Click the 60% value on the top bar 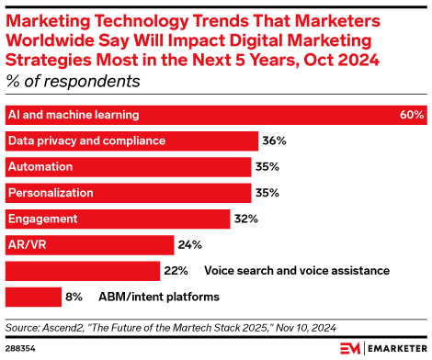pos(412,116)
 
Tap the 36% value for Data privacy pos(275,141)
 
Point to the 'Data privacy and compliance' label pos(86,141)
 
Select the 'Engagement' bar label pos(42,219)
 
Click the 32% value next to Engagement pos(246,219)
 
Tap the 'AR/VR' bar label pos(26,244)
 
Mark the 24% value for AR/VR pos(189,244)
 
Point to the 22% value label pos(176,271)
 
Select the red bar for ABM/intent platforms pos(32,297)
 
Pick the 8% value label pos(74,297)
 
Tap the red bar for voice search pos(83,271)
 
